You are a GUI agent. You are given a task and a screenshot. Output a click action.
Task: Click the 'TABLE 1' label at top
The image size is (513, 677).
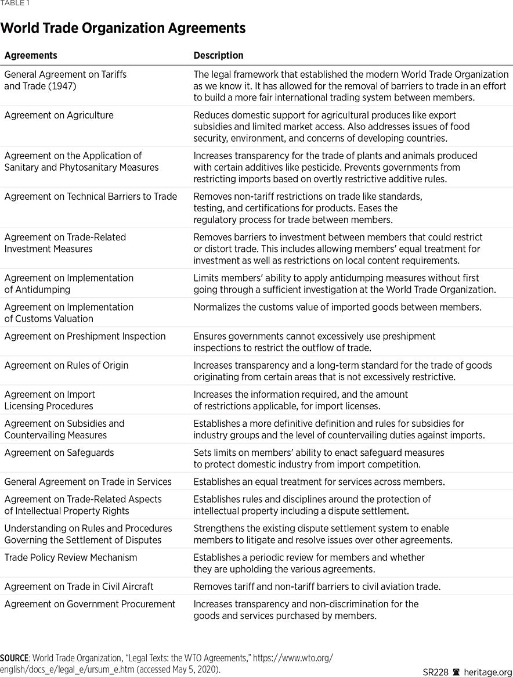pyautogui.click(x=15, y=3)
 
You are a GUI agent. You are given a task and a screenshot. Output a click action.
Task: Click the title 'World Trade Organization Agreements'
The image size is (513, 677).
pyautogui.click(x=123, y=28)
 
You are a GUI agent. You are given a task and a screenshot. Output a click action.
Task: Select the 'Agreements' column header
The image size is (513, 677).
pyautogui.click(x=31, y=56)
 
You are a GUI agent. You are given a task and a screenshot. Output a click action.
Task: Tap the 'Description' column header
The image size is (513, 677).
pyautogui.click(x=218, y=56)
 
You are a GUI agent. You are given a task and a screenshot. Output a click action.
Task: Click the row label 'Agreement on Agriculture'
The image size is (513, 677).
pyautogui.click(x=59, y=115)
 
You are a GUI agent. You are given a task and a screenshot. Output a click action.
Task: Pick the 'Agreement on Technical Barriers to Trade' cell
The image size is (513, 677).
pyautogui.click(x=91, y=196)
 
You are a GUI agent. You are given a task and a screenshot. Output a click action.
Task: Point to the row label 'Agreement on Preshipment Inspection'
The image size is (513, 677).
pyautogui.click(x=85, y=336)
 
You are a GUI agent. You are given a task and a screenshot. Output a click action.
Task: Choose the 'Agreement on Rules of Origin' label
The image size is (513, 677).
pyautogui.click(x=66, y=365)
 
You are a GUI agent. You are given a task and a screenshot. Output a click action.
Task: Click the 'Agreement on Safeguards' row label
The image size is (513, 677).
pyautogui.click(x=59, y=452)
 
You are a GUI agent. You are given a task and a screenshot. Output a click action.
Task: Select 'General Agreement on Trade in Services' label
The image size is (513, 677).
pyautogui.click(x=88, y=481)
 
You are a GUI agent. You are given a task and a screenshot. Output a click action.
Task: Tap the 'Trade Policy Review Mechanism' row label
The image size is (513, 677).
pyautogui.click(x=71, y=557)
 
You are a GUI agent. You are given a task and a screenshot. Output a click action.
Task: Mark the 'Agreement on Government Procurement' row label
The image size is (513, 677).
pyautogui.click(x=89, y=604)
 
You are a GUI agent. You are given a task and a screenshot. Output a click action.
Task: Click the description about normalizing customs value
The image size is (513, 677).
pyautogui.click(x=337, y=307)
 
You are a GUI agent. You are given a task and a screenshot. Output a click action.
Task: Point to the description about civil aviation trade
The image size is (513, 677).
pyautogui.click(x=317, y=586)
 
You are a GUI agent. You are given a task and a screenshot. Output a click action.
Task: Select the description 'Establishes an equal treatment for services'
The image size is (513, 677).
pyautogui.click(x=319, y=481)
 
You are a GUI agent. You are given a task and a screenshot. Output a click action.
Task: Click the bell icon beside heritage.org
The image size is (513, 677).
pyautogui.click(x=456, y=672)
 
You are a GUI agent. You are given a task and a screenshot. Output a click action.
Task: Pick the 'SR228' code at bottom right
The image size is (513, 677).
pyautogui.click(x=435, y=672)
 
